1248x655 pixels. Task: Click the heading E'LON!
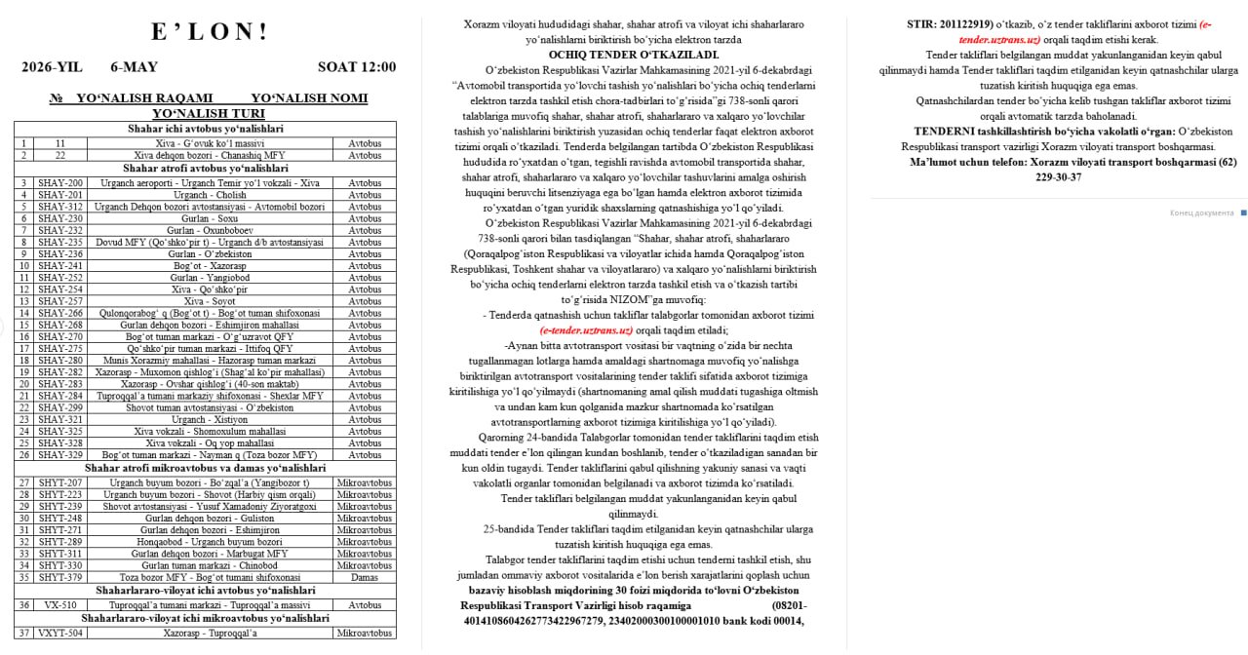click(x=210, y=32)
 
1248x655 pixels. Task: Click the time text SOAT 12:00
click(x=357, y=67)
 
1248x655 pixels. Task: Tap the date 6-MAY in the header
click(x=134, y=67)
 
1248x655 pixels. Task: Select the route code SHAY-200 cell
click(x=60, y=183)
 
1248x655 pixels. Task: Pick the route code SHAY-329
click(x=60, y=455)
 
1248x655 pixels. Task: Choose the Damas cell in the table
click(x=364, y=577)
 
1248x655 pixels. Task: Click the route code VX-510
click(x=60, y=605)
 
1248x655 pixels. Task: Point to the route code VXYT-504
click(x=60, y=633)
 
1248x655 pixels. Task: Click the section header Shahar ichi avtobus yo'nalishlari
click(x=210, y=129)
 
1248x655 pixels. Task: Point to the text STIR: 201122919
click(x=950, y=23)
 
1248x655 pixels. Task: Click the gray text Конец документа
click(x=1201, y=212)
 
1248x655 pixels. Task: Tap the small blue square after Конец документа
click(x=1243, y=212)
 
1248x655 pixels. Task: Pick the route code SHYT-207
click(x=60, y=483)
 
